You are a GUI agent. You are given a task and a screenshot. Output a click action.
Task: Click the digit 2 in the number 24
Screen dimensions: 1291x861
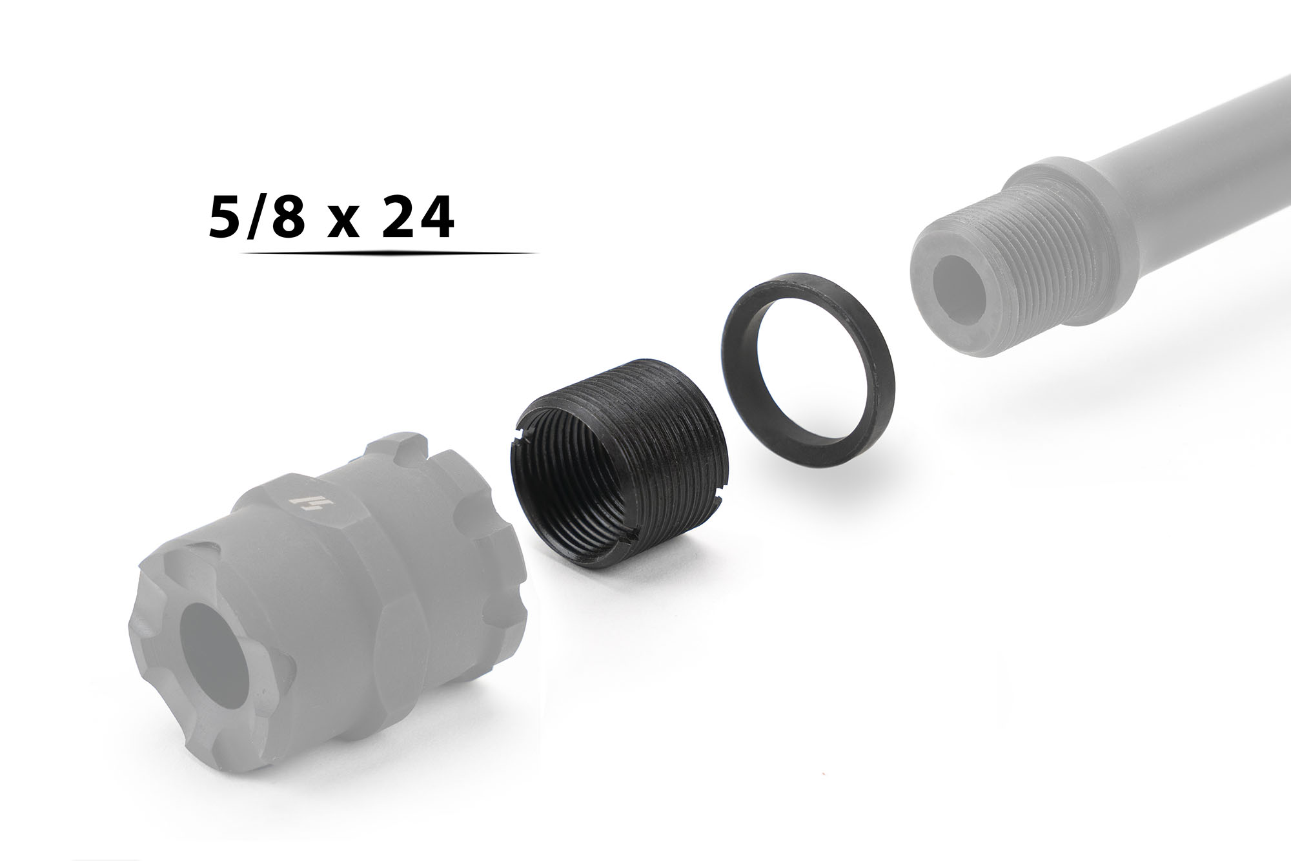pyautogui.click(x=396, y=218)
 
